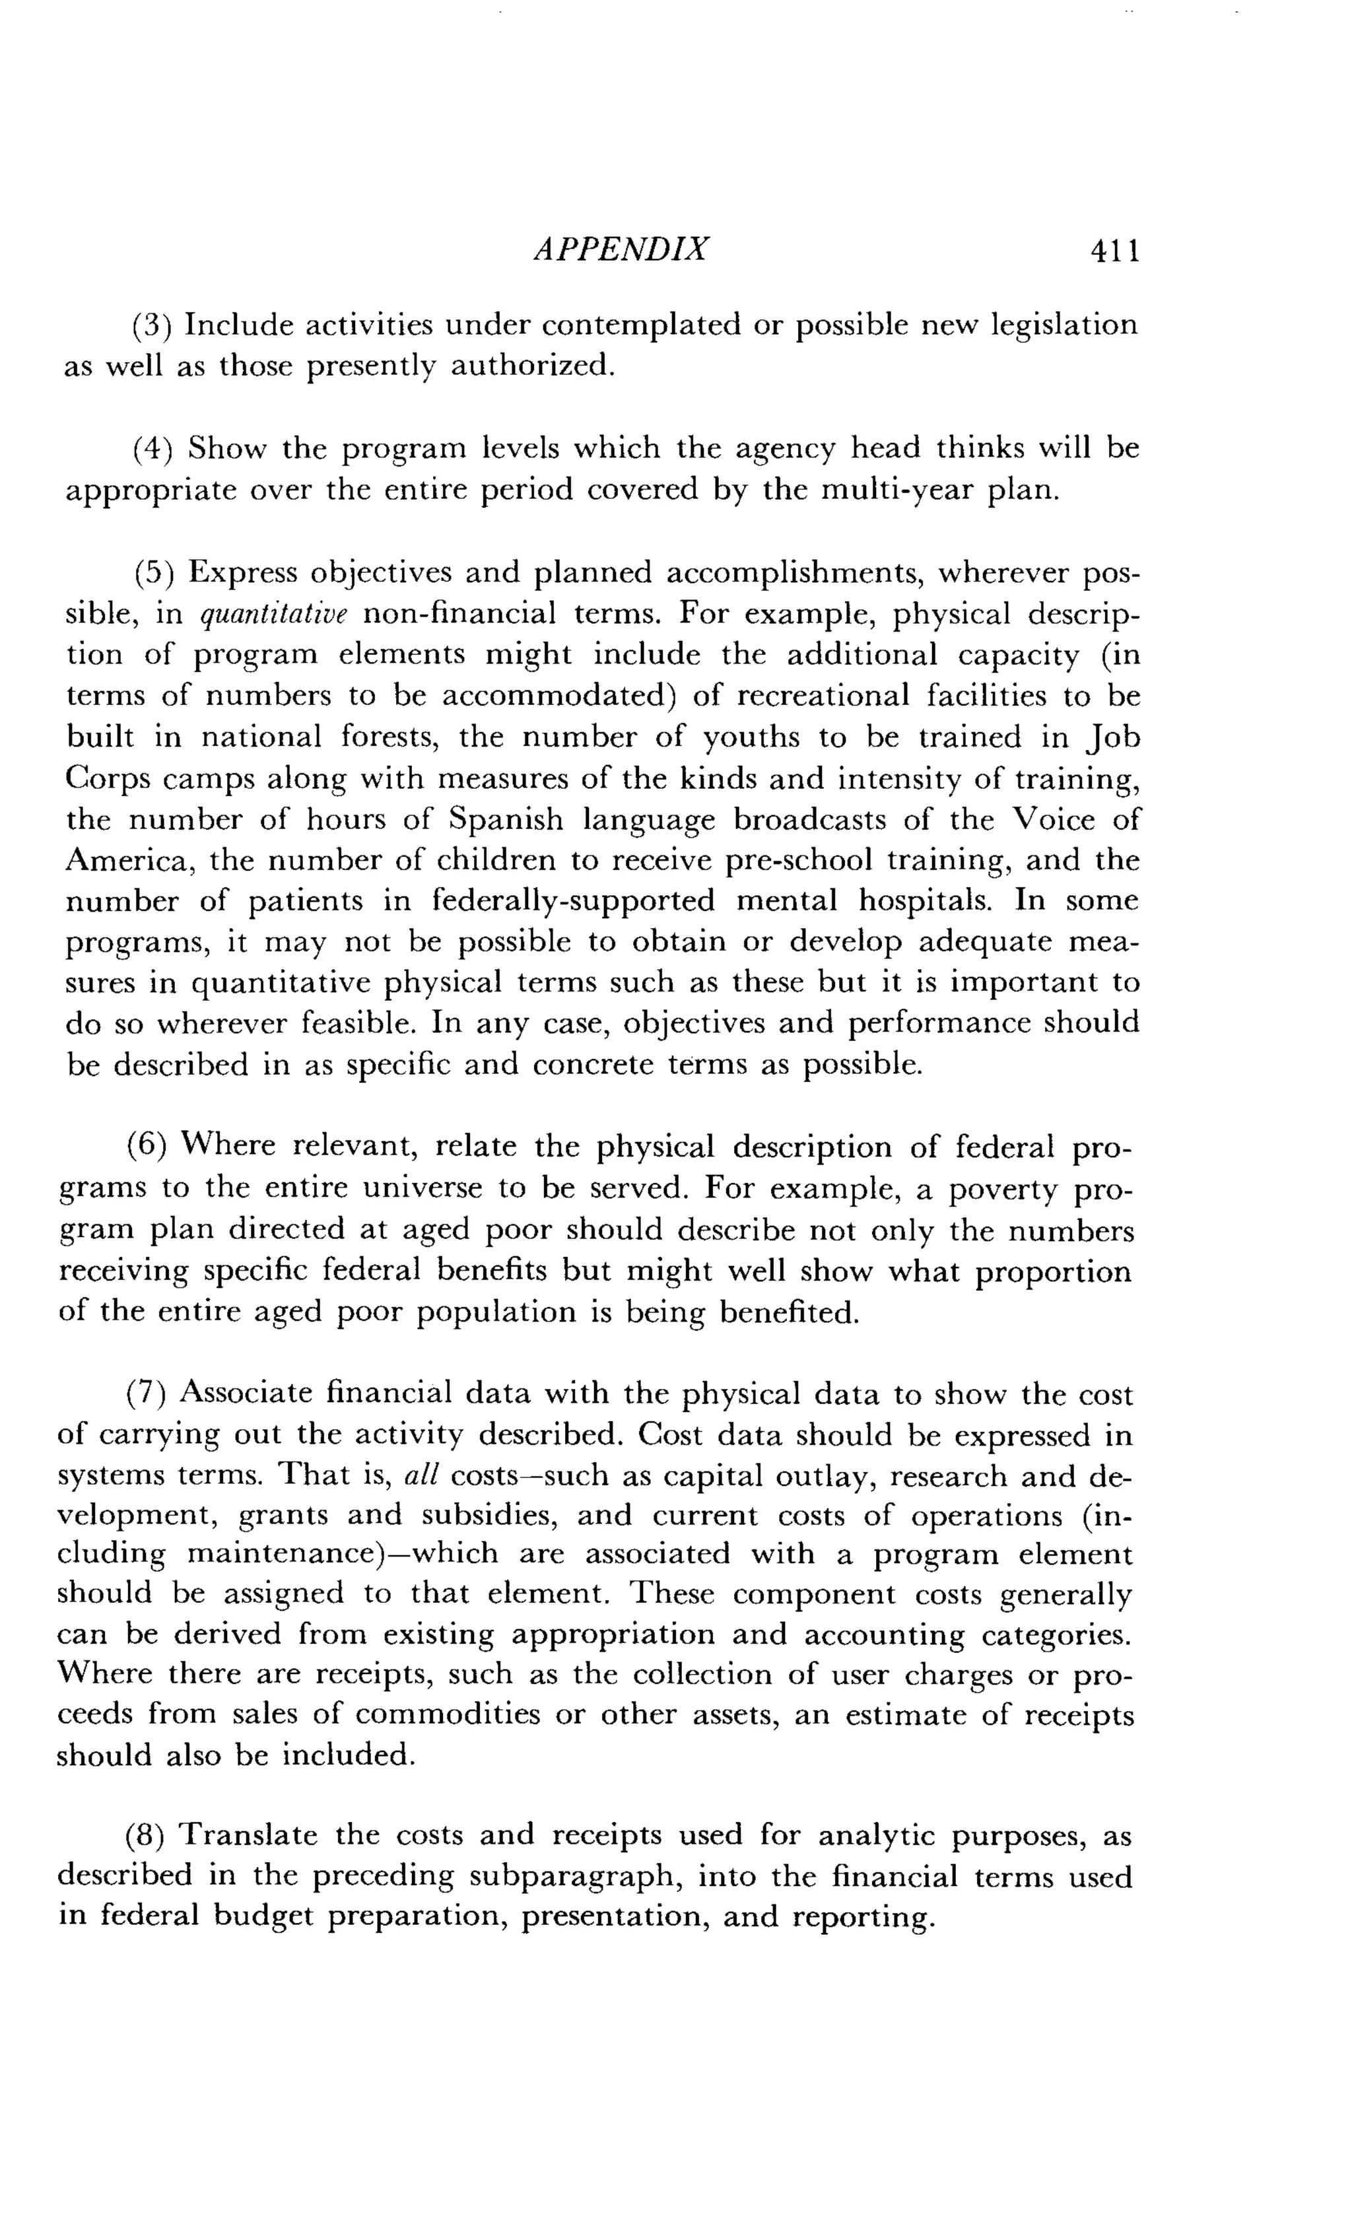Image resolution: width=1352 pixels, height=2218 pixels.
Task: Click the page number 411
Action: pos(1114,250)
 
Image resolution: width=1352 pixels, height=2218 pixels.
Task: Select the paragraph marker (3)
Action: pos(152,325)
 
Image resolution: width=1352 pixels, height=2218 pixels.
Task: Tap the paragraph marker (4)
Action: pos(152,448)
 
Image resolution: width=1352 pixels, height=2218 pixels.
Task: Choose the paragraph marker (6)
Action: pos(146,1146)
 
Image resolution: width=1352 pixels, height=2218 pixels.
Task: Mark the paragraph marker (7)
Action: pos(146,1394)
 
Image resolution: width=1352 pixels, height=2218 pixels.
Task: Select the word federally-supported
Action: pos(574,901)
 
